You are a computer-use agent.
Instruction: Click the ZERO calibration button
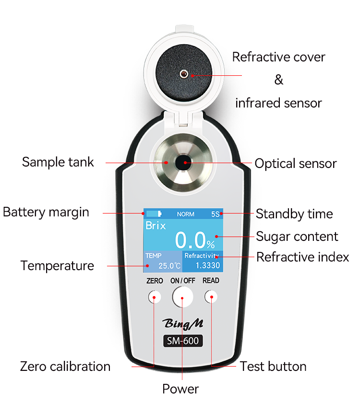154,297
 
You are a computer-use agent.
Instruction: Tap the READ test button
211,297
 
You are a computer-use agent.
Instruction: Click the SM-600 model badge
182,341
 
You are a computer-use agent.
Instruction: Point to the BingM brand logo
182,323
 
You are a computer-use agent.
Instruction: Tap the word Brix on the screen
156,226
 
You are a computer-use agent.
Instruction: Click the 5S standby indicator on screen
215,214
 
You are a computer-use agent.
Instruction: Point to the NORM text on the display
185,214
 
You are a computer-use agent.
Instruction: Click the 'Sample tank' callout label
58,162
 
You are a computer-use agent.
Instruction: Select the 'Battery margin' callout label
46,212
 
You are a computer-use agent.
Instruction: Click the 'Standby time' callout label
294,214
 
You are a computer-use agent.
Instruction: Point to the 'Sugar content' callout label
297,236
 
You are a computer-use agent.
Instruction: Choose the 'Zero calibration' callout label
65,367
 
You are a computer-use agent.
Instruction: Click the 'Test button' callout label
273,367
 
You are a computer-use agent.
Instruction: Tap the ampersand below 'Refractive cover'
278,80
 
